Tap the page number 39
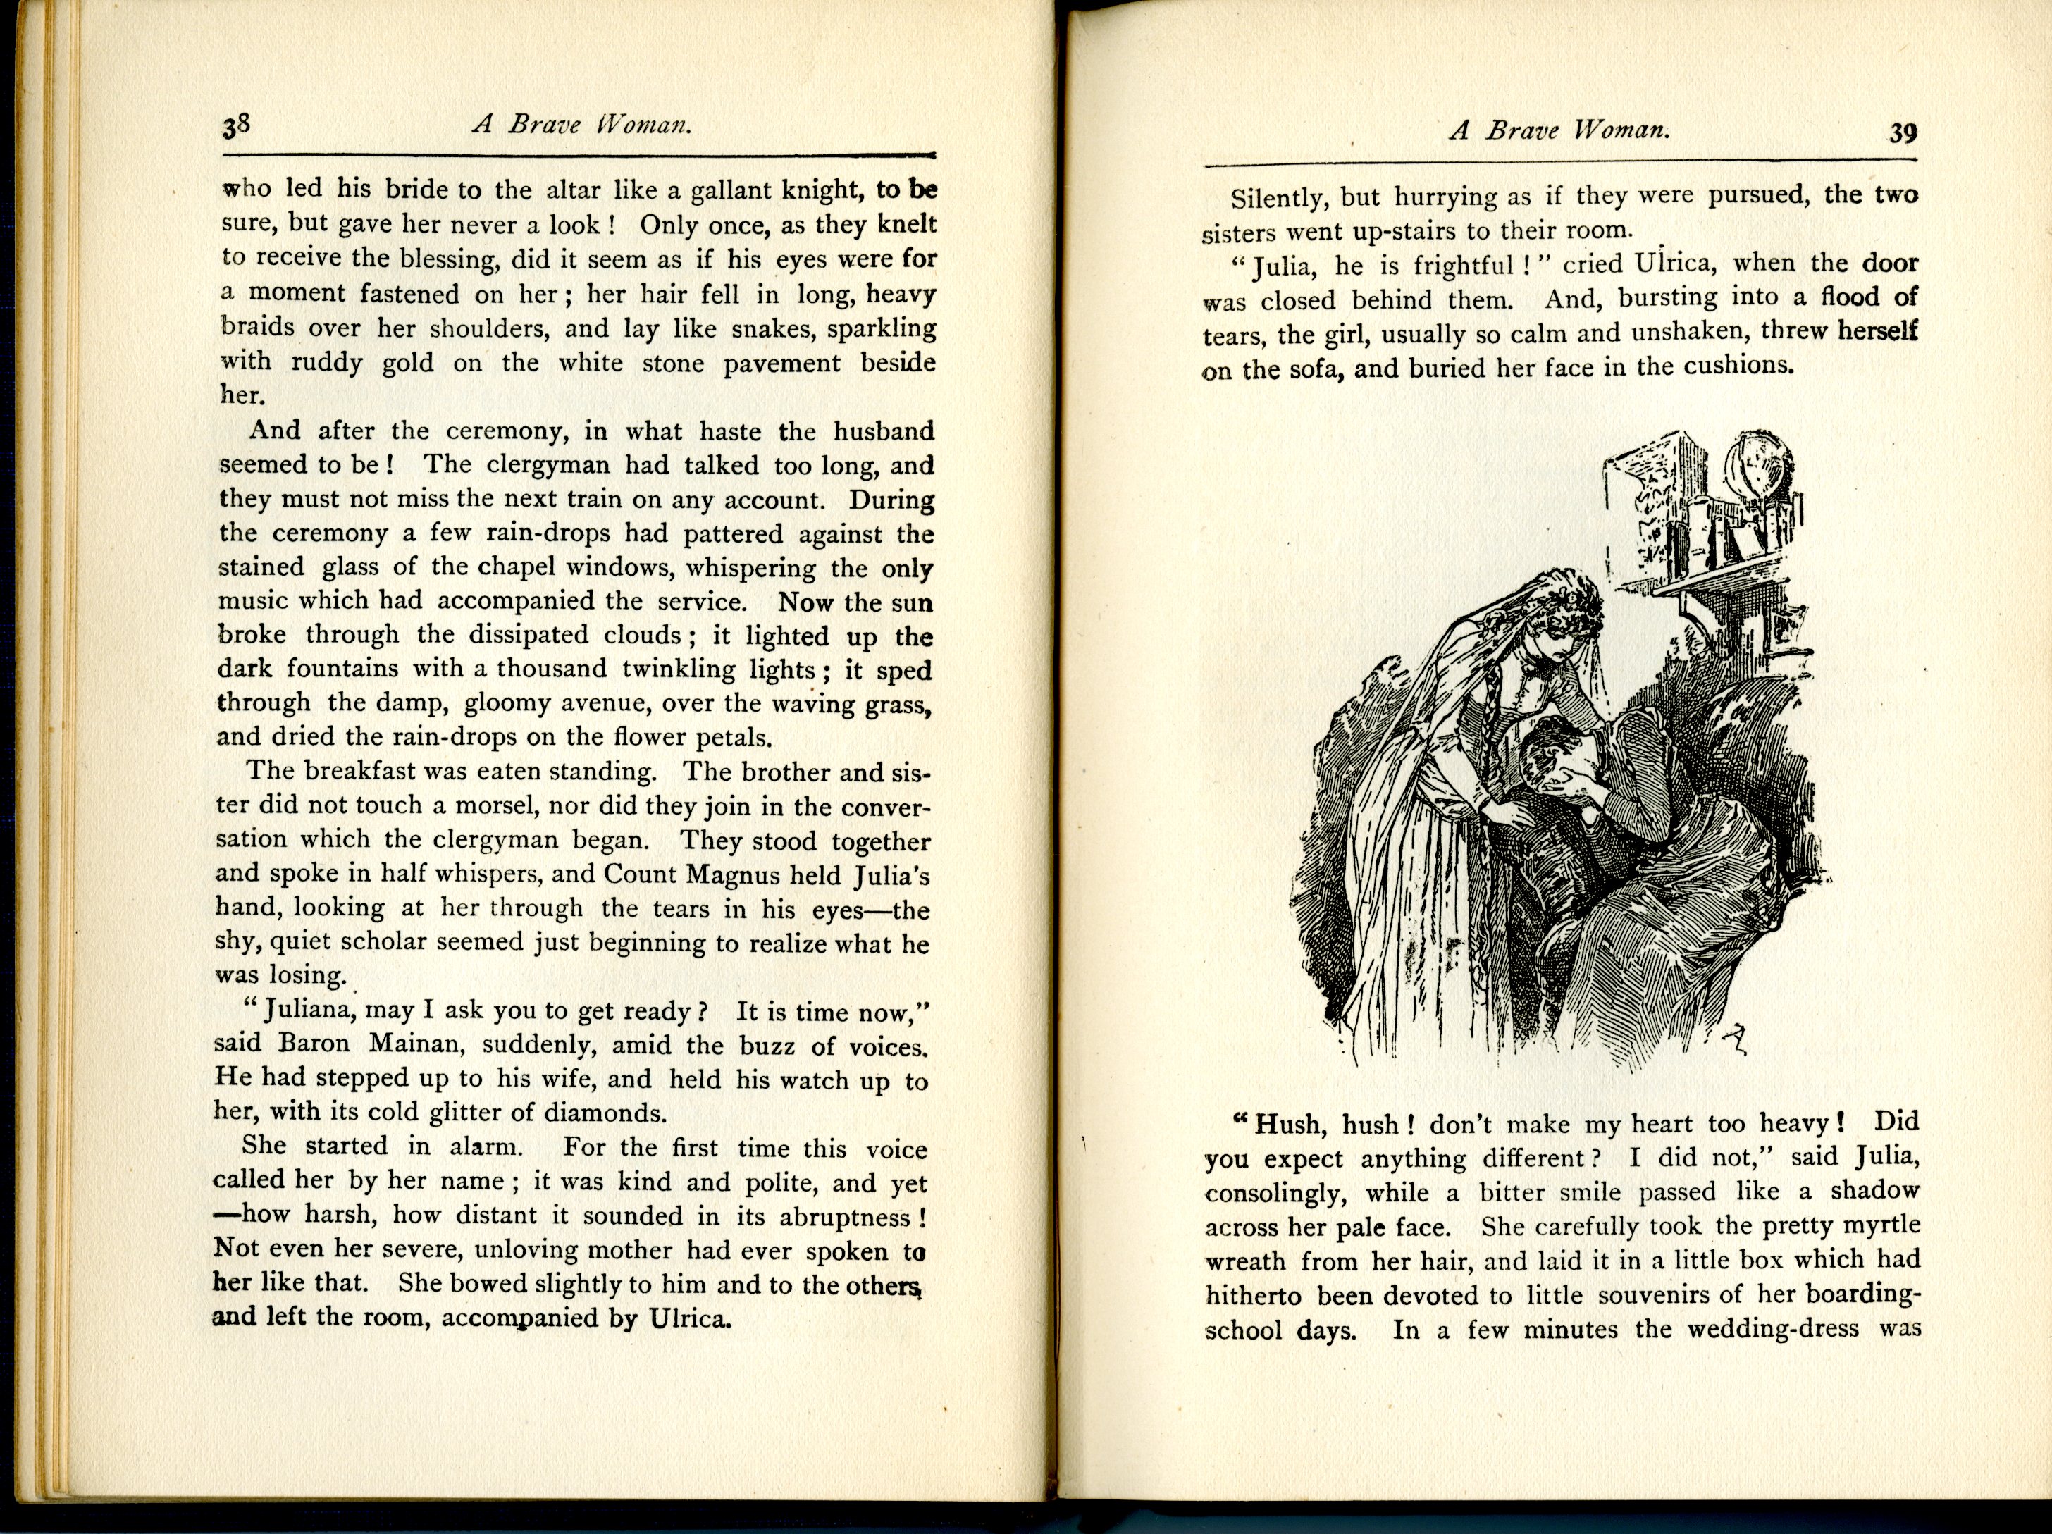tap(1903, 134)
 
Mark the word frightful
tap(1464, 266)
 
